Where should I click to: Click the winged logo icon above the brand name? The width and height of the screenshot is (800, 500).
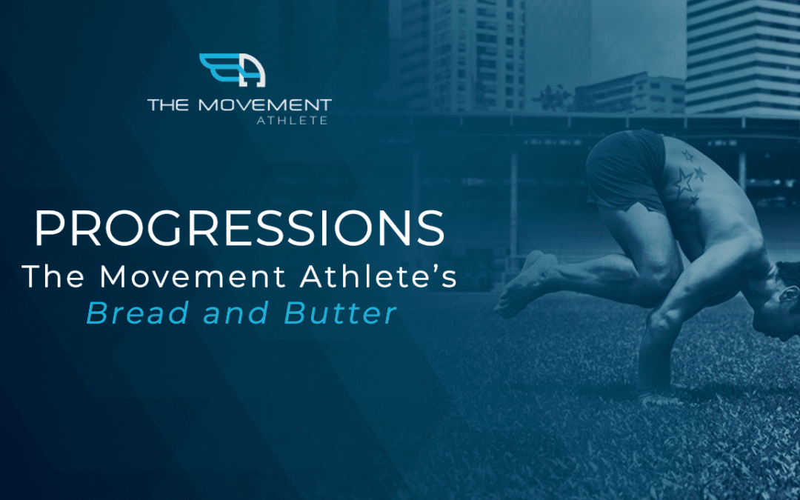(x=232, y=70)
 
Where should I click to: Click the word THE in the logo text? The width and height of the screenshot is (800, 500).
(x=168, y=106)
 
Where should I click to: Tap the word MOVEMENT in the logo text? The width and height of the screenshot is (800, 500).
(x=264, y=106)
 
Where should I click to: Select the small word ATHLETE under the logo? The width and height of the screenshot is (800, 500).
(x=292, y=121)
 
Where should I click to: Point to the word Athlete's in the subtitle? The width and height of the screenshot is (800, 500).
(x=378, y=276)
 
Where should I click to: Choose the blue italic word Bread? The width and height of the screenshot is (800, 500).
(x=137, y=313)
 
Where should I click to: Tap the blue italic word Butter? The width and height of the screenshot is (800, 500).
(x=340, y=313)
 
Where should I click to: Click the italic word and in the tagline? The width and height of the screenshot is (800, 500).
(x=236, y=313)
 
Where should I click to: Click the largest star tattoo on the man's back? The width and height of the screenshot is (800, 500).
(x=683, y=182)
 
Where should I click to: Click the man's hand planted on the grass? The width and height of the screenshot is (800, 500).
(x=659, y=396)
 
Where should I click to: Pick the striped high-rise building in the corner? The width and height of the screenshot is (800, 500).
(x=743, y=56)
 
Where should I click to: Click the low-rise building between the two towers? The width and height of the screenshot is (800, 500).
(x=630, y=93)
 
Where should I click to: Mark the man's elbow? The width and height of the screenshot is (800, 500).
(x=659, y=321)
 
